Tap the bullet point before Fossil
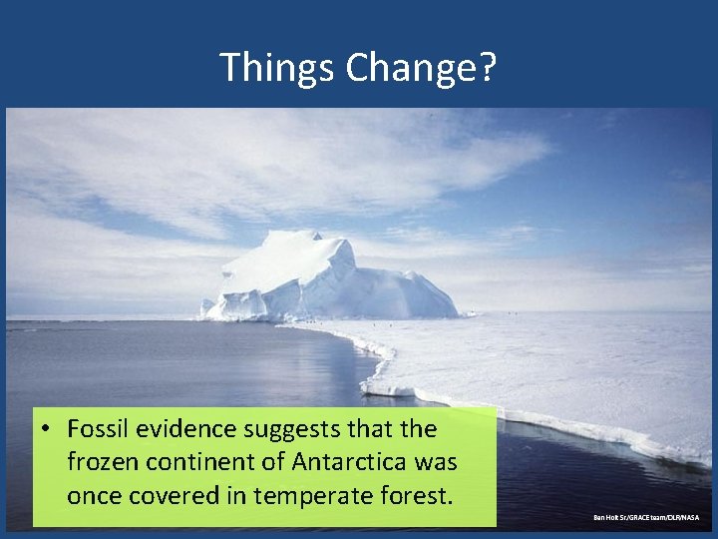tap(47, 429)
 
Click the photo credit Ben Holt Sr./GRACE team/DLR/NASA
tap(646, 517)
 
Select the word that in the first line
tap(370, 429)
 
